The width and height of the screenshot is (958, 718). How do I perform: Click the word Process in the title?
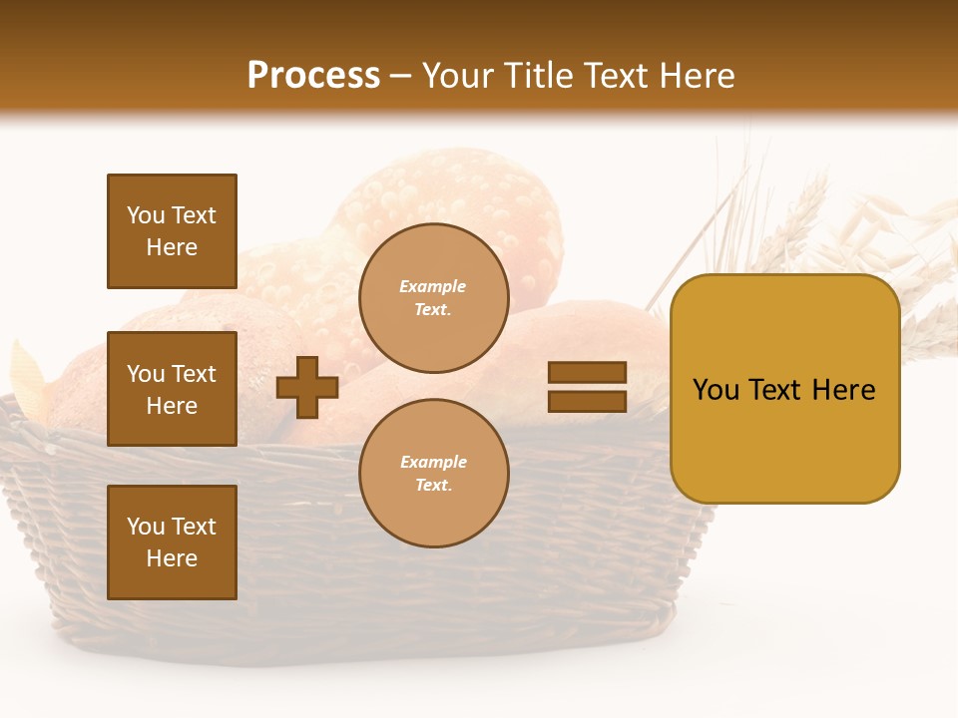(x=313, y=75)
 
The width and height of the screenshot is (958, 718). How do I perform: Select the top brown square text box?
(x=172, y=231)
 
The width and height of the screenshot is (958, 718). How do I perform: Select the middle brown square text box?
(x=172, y=389)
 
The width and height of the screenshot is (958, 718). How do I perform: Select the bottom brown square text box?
(x=172, y=542)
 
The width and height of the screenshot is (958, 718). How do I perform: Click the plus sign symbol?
(x=307, y=387)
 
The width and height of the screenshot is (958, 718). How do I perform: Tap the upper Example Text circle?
(x=433, y=297)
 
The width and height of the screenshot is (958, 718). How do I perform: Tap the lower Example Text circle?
(x=433, y=473)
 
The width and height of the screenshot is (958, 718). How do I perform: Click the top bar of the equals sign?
(x=587, y=373)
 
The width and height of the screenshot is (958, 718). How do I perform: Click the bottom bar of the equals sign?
(x=587, y=401)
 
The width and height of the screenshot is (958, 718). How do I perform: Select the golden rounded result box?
(x=784, y=389)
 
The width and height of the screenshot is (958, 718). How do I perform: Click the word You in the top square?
(x=146, y=215)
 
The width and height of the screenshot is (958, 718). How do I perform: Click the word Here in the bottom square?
(x=172, y=558)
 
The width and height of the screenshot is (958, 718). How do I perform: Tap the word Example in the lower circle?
(x=433, y=462)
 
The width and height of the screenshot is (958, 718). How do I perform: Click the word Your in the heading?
(x=459, y=76)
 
